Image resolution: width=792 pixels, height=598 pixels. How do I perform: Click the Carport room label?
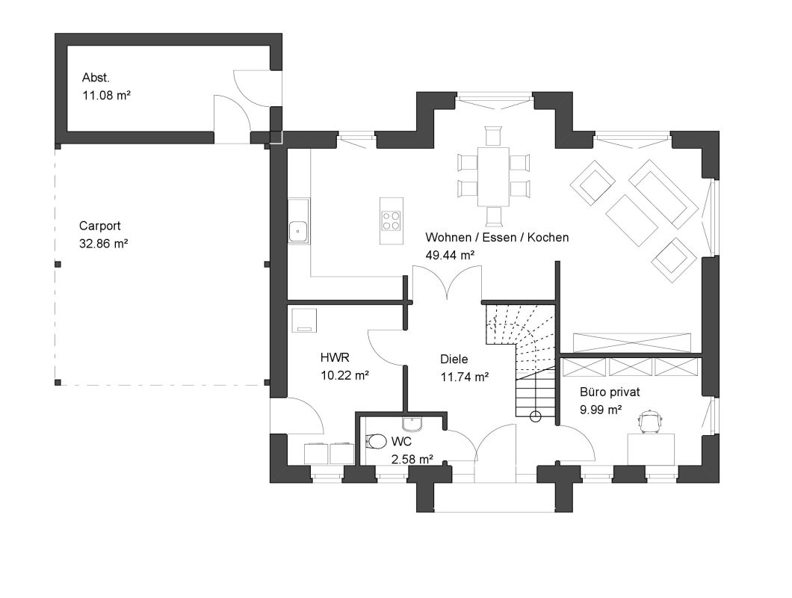coord(100,226)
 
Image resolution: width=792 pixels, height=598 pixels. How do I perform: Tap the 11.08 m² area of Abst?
coord(107,95)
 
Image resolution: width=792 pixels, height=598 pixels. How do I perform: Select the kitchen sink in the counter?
coord(299,232)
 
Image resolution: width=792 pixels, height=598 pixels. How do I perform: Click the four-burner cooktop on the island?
coord(392,221)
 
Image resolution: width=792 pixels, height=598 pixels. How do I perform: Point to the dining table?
coord(493,176)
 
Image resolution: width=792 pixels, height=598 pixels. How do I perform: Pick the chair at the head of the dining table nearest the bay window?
coord(493,136)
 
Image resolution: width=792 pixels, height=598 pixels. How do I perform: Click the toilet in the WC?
coord(374,441)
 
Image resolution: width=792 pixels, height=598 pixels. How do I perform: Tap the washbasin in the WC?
coord(412,424)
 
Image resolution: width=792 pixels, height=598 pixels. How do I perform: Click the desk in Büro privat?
coord(651,449)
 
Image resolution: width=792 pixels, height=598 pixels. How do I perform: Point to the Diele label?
coord(454,360)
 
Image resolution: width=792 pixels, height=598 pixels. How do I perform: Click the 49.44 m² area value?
coord(450,256)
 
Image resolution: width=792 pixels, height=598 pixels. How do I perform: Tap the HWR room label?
coord(335,358)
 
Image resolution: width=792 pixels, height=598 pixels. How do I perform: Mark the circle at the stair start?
coord(536,416)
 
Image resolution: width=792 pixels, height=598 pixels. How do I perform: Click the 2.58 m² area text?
coord(412,460)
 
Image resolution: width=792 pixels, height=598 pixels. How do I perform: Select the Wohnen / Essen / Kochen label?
coord(497,237)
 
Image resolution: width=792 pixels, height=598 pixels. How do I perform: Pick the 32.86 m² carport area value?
coord(104,244)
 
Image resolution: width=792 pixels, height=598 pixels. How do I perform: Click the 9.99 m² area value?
coord(601,410)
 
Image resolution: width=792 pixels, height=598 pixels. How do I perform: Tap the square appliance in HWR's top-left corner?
coord(304,321)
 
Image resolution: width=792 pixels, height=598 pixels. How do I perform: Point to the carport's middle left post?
coord(58,265)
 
